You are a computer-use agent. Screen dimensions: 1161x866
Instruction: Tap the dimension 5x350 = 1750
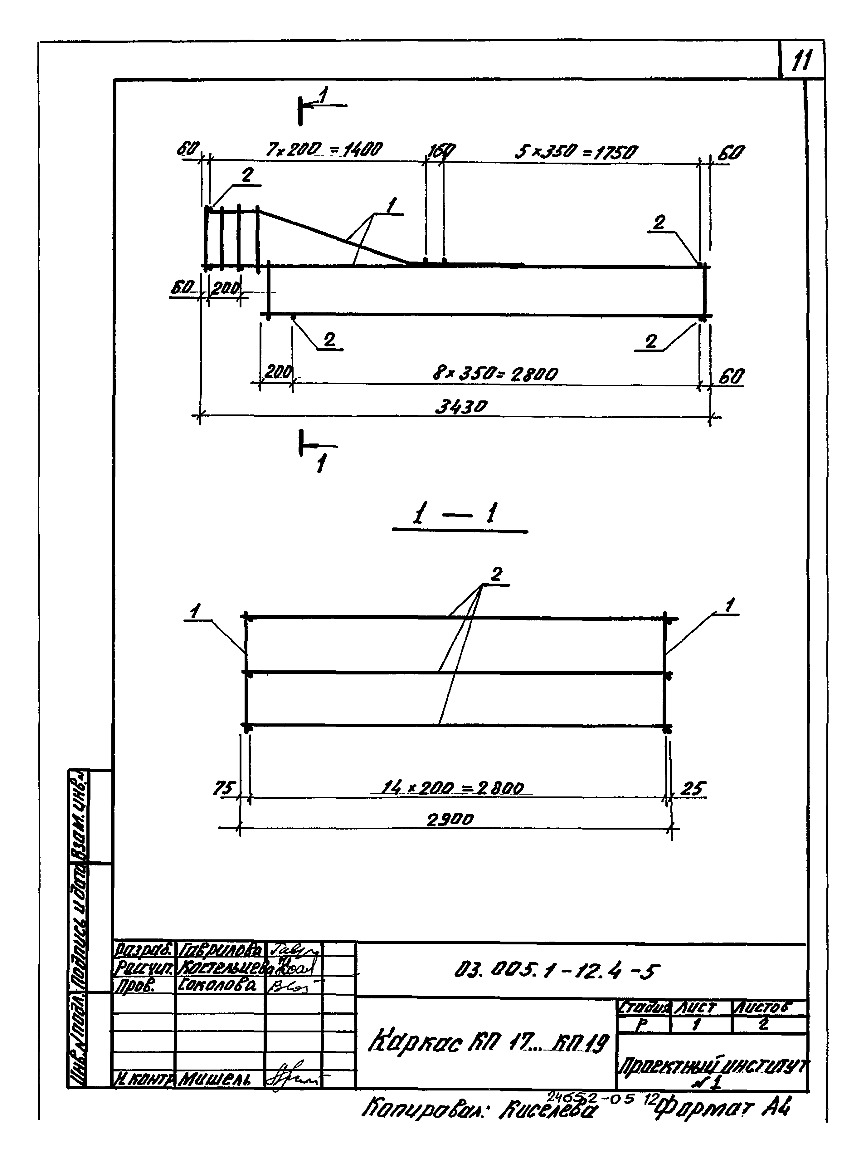[576, 153]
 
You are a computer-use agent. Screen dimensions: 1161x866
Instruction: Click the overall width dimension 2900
[450, 819]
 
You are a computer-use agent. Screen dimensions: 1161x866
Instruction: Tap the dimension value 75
[224, 788]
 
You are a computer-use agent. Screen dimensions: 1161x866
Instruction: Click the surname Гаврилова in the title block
[220, 950]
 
